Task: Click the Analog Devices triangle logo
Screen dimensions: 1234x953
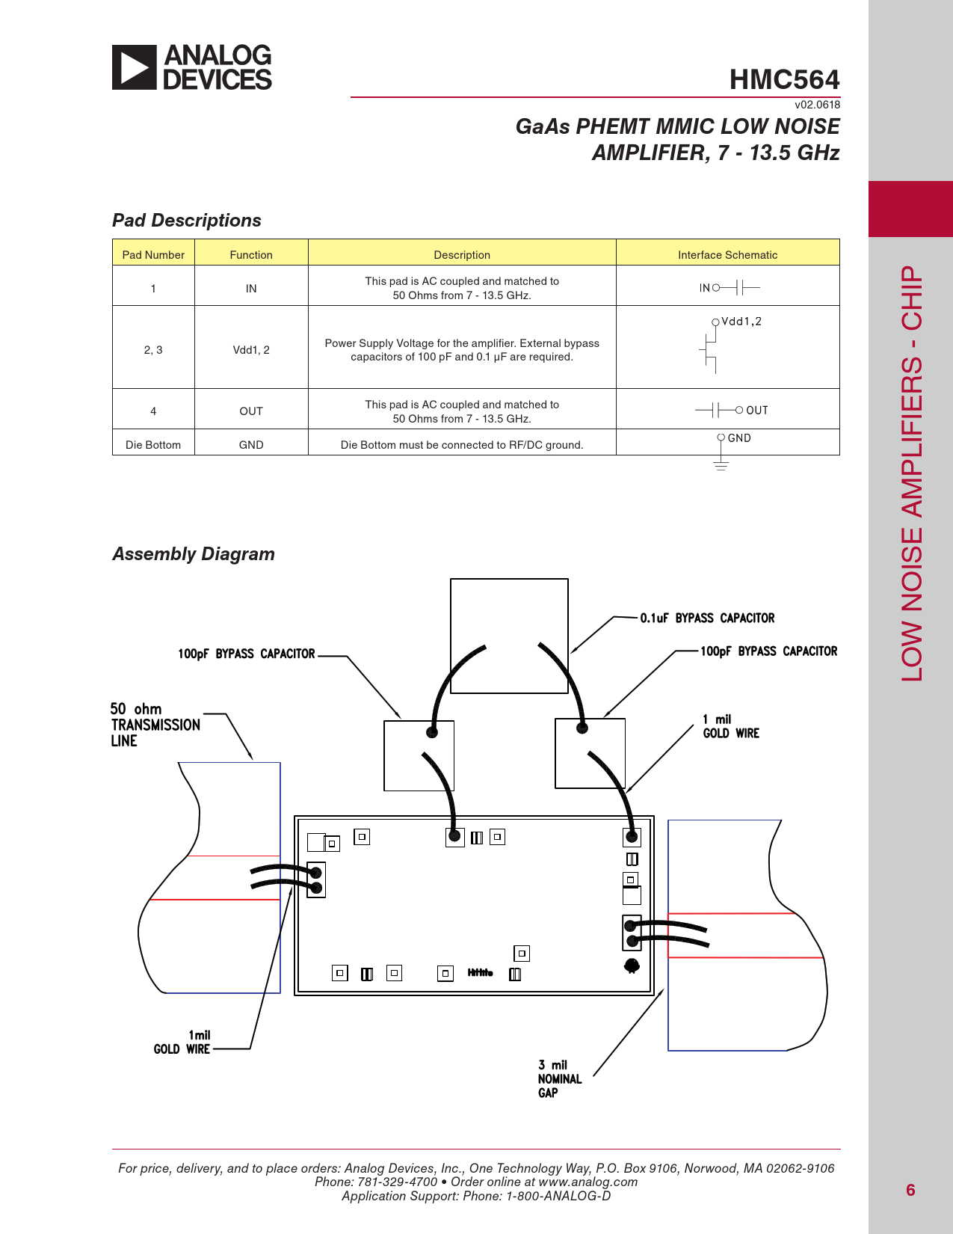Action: (135, 67)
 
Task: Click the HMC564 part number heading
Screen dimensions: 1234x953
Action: (784, 79)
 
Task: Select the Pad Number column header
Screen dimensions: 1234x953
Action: (153, 255)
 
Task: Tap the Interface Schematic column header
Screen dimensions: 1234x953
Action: (727, 255)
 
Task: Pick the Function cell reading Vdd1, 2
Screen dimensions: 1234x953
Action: (251, 350)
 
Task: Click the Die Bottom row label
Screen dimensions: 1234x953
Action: (153, 445)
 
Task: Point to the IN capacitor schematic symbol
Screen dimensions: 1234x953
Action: (741, 288)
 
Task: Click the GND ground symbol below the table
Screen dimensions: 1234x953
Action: (721, 465)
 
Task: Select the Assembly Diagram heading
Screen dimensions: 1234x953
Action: (194, 554)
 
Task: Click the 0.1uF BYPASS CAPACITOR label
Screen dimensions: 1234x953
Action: (707, 618)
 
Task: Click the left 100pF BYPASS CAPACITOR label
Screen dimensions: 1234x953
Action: (246, 654)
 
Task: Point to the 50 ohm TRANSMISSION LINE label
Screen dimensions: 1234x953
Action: (155, 725)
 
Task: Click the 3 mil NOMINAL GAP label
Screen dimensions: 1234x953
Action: (559, 1078)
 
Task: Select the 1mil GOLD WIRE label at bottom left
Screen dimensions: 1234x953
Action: (182, 1043)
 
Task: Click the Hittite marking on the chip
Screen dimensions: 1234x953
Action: (480, 973)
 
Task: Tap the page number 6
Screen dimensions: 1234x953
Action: (910, 1190)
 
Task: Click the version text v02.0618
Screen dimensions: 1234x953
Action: (817, 105)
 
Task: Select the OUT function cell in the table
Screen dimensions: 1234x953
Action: (251, 411)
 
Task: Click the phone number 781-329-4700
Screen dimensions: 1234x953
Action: (397, 1182)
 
